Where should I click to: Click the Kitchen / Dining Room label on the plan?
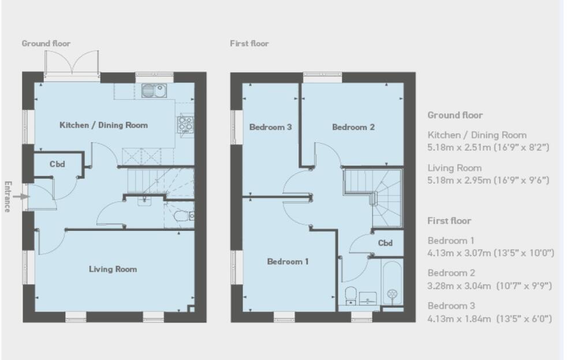pyautogui.click(x=103, y=125)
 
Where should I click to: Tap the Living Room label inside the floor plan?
pyautogui.click(x=113, y=269)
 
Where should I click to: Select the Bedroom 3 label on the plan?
pyautogui.click(x=270, y=127)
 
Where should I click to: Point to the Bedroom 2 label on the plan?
pyautogui.click(x=353, y=127)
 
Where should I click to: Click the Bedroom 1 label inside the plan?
pyautogui.click(x=288, y=261)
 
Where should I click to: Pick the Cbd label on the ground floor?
pyautogui.click(x=57, y=164)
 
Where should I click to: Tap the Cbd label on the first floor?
pyautogui.click(x=385, y=243)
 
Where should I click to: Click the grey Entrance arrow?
pyautogui.click(x=21, y=197)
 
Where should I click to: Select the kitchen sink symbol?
pyautogui.click(x=154, y=91)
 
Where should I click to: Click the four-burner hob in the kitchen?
pyautogui.click(x=185, y=123)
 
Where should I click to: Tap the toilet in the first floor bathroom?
pyautogui.click(x=350, y=295)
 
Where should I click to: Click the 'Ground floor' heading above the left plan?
pyautogui.click(x=46, y=43)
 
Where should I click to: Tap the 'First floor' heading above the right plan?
pyautogui.click(x=249, y=44)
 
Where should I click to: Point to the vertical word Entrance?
pyautogui.click(x=8, y=197)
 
